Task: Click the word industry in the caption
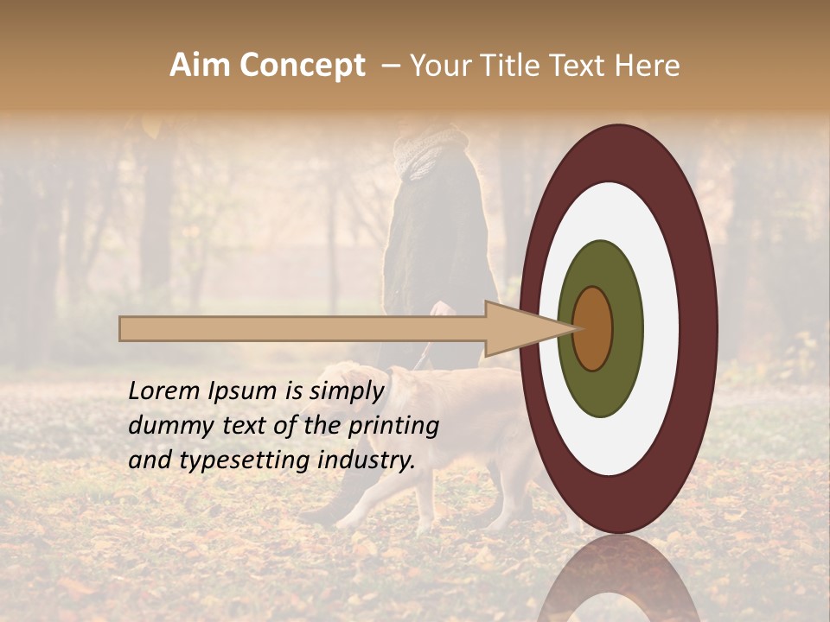pos(371,460)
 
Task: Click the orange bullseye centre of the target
pos(592,328)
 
